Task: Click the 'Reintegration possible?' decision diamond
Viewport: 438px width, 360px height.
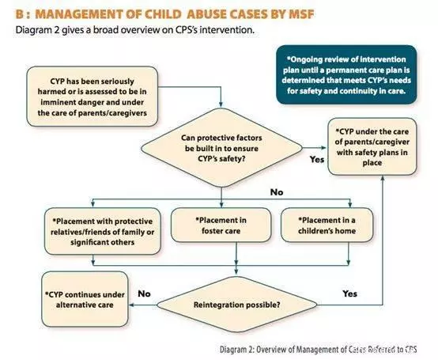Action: click(237, 305)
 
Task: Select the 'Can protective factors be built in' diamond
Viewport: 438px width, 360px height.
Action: click(221, 148)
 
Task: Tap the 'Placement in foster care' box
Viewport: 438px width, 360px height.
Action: click(221, 225)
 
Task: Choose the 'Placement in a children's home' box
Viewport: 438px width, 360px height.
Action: click(327, 225)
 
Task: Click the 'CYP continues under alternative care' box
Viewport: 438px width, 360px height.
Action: click(85, 299)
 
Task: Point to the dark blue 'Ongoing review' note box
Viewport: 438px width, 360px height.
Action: click(346, 74)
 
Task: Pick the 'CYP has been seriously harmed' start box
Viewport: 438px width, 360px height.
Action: click(93, 97)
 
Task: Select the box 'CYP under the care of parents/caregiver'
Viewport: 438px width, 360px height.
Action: click(372, 146)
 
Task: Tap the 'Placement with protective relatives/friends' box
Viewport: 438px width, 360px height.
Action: click(103, 231)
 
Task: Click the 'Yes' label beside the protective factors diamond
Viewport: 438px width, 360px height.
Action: click(317, 159)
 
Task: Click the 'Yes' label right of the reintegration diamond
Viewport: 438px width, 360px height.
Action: click(349, 294)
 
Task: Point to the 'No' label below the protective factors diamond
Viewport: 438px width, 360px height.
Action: click(277, 192)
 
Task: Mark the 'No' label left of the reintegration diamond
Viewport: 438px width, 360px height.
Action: click(144, 294)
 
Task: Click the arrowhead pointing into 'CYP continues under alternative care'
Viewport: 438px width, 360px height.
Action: click(131, 305)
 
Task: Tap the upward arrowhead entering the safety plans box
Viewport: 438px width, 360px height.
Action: click(383, 178)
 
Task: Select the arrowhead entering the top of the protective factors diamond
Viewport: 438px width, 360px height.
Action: click(221, 105)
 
